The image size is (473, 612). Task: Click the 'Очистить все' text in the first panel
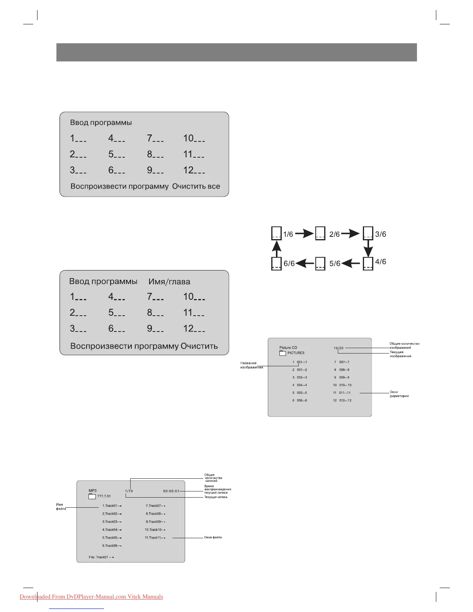point(196,186)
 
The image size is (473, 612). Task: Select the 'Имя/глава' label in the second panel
point(169,282)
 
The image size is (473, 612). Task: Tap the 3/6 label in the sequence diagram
point(381,234)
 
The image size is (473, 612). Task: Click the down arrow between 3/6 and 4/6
point(368,248)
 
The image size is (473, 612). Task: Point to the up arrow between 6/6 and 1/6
point(276,248)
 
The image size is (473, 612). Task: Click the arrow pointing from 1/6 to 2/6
point(304,233)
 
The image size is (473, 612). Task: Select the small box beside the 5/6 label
point(320,263)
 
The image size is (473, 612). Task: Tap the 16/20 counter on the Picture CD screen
point(339,348)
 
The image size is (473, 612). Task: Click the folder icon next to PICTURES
point(282,353)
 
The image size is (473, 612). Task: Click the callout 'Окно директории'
point(399,394)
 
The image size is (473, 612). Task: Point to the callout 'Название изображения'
point(251,365)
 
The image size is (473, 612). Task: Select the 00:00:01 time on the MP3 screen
point(171,491)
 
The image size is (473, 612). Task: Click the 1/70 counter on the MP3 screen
point(129,491)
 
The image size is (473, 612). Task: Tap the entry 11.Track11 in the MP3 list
point(155,538)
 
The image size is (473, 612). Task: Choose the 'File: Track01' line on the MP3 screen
point(101,557)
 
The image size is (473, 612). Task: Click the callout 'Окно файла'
point(213,537)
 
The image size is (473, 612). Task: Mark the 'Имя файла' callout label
point(61,507)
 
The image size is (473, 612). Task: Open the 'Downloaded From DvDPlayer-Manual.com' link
point(91,597)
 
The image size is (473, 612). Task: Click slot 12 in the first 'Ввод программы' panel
point(194,170)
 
